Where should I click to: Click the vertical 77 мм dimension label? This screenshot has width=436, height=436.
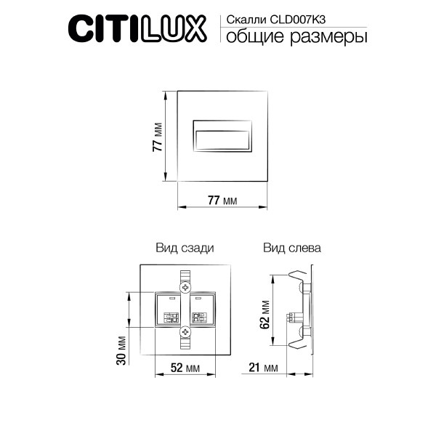coord(157,136)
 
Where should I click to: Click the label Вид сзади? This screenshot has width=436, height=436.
coord(185,248)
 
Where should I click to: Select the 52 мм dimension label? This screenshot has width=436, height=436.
coord(185,368)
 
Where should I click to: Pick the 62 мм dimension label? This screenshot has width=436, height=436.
coord(266,313)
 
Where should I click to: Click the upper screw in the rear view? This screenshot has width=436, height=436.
coord(185,289)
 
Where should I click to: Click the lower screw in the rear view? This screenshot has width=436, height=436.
coord(185,332)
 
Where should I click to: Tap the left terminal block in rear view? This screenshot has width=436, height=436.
coord(171,310)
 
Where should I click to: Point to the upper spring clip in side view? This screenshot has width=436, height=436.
coord(298,279)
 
